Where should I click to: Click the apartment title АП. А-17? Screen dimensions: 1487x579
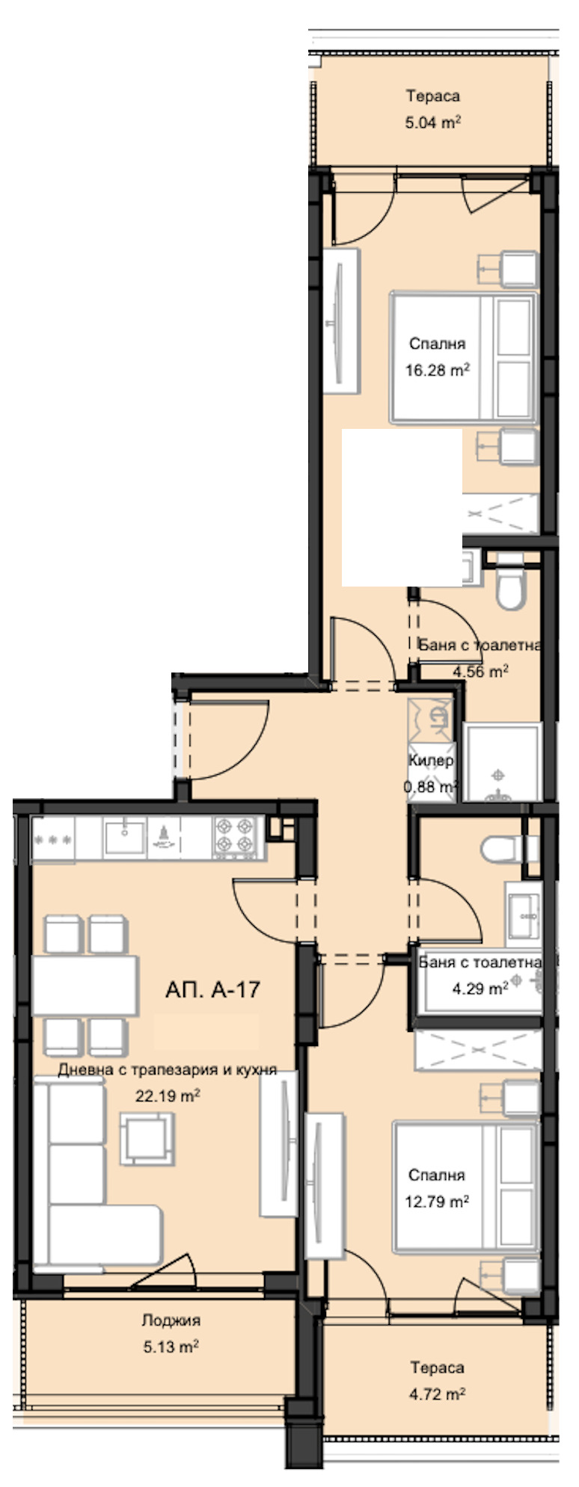212,989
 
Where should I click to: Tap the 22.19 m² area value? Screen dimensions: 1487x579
167,1096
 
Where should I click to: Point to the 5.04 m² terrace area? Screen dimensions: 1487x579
432,122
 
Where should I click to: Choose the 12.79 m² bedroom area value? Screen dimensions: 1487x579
439,1202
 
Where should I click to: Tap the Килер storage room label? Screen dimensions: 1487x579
431,761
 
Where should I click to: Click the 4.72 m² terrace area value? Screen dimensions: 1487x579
438,1394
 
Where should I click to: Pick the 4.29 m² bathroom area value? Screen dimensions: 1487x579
480,989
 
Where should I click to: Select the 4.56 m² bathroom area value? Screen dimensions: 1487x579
480,671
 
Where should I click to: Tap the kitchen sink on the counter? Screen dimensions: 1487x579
124,836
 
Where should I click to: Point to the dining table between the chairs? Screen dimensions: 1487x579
85,985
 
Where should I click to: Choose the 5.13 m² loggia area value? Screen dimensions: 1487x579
171,1347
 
